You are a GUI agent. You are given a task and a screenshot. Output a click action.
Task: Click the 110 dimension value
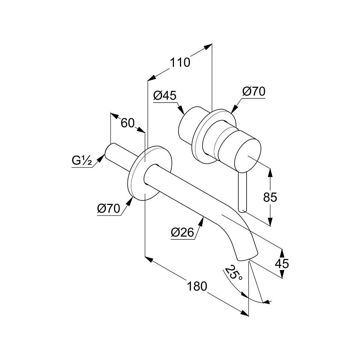[x=180, y=63]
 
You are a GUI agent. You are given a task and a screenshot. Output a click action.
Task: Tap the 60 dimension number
[x=127, y=123]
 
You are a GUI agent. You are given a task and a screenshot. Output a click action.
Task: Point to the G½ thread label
[x=81, y=161]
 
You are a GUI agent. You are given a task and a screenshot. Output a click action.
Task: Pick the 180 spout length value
[x=197, y=286]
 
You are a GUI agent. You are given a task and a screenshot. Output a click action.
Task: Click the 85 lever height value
[x=270, y=197]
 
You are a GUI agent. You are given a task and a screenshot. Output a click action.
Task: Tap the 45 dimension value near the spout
[x=282, y=264]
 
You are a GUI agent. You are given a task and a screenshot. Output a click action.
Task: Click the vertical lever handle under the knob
[x=242, y=192]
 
